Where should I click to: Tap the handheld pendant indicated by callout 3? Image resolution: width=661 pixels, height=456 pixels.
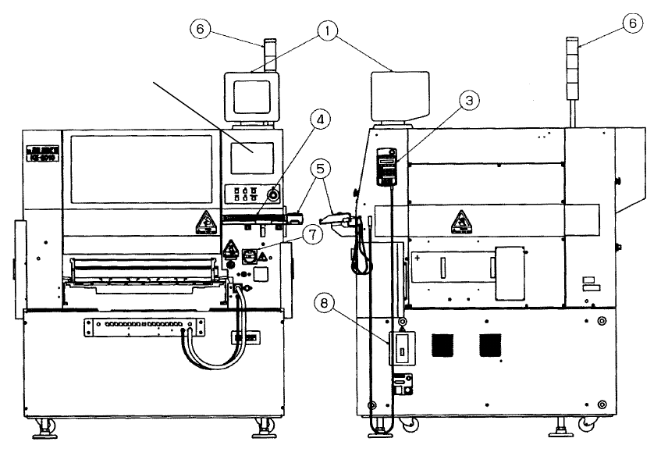click(383, 166)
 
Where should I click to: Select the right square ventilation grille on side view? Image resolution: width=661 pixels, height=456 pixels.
click(490, 344)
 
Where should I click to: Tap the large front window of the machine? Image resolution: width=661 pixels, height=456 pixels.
click(141, 170)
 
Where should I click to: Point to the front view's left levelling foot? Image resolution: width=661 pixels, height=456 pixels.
click(49, 426)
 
